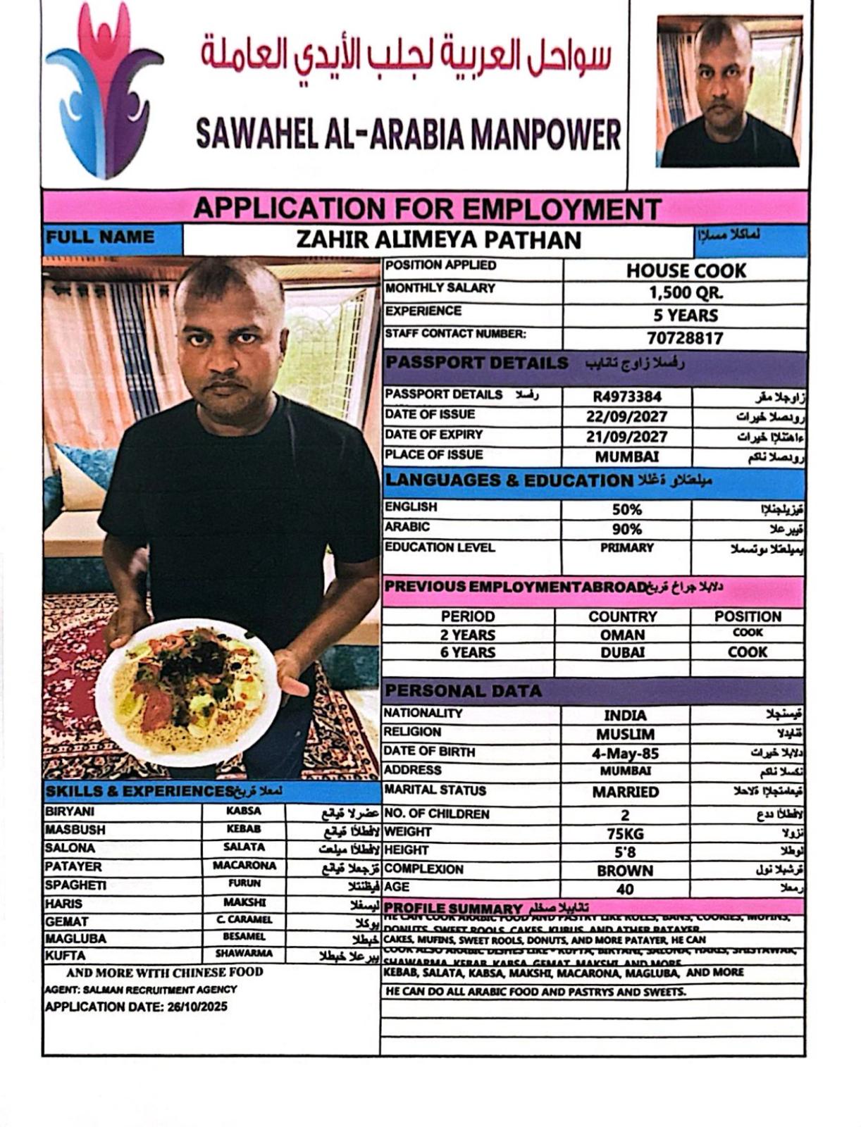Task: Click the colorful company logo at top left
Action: [104, 90]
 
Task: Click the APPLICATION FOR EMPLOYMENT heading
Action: [426, 208]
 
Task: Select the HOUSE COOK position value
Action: [686, 270]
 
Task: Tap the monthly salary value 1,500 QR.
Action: [686, 293]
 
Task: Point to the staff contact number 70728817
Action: [685, 338]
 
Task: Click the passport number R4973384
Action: [627, 397]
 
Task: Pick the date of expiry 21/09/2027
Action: [626, 437]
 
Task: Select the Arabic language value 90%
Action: [626, 529]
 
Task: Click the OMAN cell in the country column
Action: [622, 635]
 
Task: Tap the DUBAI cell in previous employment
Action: [622, 652]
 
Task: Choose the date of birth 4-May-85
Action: [625, 753]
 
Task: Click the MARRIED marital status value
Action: [625, 792]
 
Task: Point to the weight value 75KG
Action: [625, 834]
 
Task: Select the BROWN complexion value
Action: [625, 871]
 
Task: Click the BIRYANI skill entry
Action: [70, 811]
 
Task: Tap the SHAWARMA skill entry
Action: [244, 954]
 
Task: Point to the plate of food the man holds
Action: [188, 691]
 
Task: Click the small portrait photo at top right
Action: [729, 92]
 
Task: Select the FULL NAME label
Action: [100, 237]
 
